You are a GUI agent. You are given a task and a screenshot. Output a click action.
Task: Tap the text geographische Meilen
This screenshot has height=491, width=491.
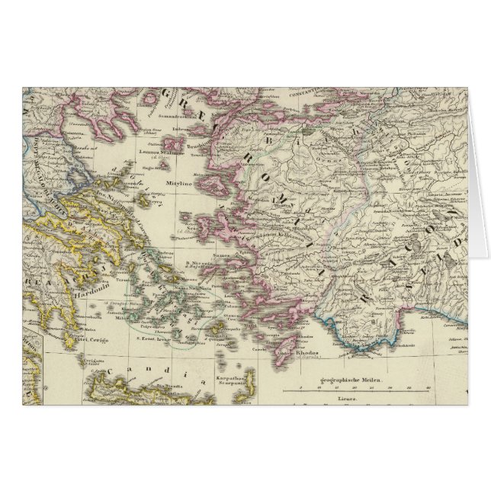(348, 379)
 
